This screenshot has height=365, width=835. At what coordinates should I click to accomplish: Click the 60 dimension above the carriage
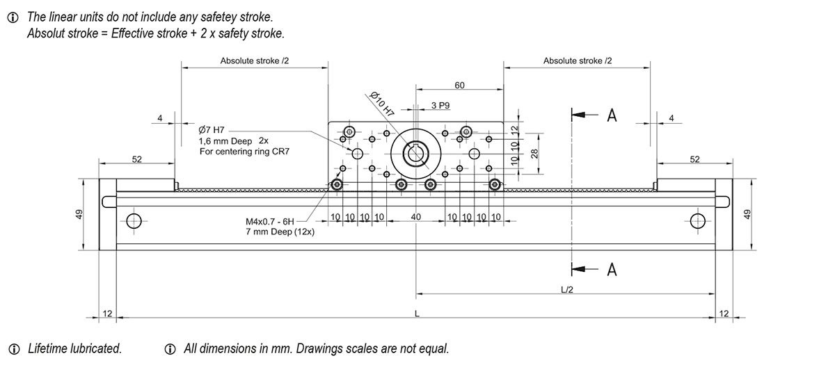point(459,86)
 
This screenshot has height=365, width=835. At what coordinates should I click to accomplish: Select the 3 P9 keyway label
point(440,106)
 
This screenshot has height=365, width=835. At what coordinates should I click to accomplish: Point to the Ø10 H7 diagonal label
point(381,103)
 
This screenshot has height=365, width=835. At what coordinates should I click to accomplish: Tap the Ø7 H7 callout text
point(212,130)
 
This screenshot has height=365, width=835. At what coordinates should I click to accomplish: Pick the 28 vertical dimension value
point(534,153)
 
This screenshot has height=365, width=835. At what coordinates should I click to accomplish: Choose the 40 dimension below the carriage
point(416,218)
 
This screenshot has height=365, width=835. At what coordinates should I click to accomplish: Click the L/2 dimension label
point(566,289)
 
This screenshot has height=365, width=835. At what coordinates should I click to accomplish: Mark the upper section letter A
point(612,115)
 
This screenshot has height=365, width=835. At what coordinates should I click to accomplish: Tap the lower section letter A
point(612,270)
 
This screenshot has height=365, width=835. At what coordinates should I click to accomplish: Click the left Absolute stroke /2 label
point(255,61)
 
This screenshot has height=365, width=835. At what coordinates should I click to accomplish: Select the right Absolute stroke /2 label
point(578,61)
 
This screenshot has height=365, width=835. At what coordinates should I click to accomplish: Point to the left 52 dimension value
point(136,160)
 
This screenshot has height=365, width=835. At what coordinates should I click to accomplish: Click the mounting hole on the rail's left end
point(134,222)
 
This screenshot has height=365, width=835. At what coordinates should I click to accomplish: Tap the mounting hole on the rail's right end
point(698,222)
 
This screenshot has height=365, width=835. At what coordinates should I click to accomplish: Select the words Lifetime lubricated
point(74,348)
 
